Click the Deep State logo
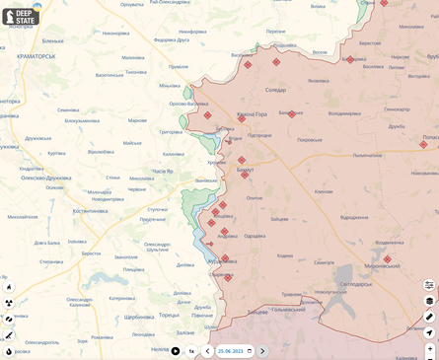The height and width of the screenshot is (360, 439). pos(21,17)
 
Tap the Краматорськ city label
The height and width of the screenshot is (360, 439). pos(29,57)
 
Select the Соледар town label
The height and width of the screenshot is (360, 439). pos(276,90)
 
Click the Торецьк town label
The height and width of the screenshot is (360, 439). pos(169,316)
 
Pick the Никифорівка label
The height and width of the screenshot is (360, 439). pos(114,33)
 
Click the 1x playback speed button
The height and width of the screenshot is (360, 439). pos(192,351)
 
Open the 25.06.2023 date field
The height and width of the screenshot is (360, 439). pos(235,351)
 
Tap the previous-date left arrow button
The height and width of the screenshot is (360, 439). pos(207,351)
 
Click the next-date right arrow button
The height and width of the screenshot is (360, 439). pos(262,351)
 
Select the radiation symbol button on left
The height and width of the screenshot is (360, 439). pos(9,303)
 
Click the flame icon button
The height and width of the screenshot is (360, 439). pos(9,351)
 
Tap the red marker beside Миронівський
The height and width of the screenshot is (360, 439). pos(387,259)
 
